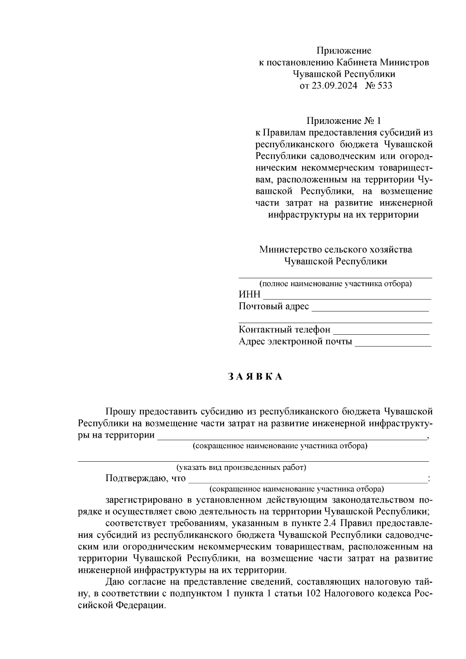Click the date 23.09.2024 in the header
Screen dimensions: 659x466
point(334,86)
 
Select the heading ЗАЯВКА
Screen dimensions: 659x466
point(255,377)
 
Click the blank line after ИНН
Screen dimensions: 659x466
point(347,297)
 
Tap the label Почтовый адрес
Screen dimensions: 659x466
point(274,306)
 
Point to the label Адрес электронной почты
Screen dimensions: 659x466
point(296,341)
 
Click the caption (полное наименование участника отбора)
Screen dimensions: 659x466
point(335,284)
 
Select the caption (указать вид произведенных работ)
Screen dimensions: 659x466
point(241,468)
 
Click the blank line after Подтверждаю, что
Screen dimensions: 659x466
point(307,481)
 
